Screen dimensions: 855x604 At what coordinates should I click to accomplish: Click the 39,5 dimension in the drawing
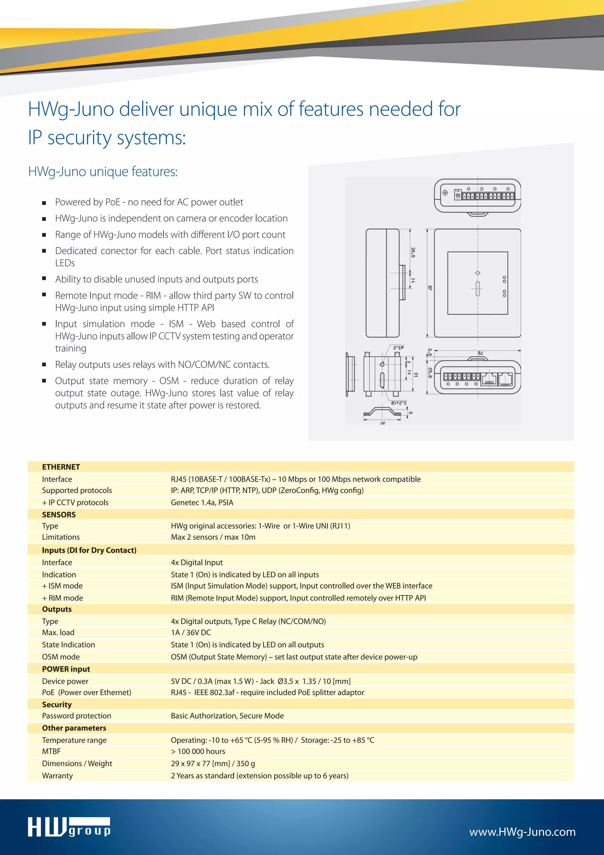point(413,252)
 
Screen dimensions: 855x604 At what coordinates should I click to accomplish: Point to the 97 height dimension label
point(430,288)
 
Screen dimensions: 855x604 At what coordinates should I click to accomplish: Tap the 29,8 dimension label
point(429,373)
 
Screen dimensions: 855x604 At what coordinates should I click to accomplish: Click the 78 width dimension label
point(480,353)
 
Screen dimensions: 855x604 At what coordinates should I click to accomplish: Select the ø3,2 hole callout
point(398,347)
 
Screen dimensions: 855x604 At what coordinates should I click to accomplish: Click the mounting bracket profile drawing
point(382,412)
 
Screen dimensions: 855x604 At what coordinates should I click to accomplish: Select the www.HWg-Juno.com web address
point(522,832)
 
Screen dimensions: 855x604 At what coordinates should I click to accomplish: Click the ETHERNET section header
point(61,467)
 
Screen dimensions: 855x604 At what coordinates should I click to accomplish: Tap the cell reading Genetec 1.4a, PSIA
point(202,503)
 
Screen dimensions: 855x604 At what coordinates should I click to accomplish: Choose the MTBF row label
point(51,751)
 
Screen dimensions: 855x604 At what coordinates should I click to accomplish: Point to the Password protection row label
point(77,716)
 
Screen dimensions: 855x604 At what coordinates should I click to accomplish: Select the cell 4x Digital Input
point(197,562)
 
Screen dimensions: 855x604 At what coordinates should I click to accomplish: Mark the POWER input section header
point(66,669)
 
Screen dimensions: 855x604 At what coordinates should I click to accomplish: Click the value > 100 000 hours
point(198,751)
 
